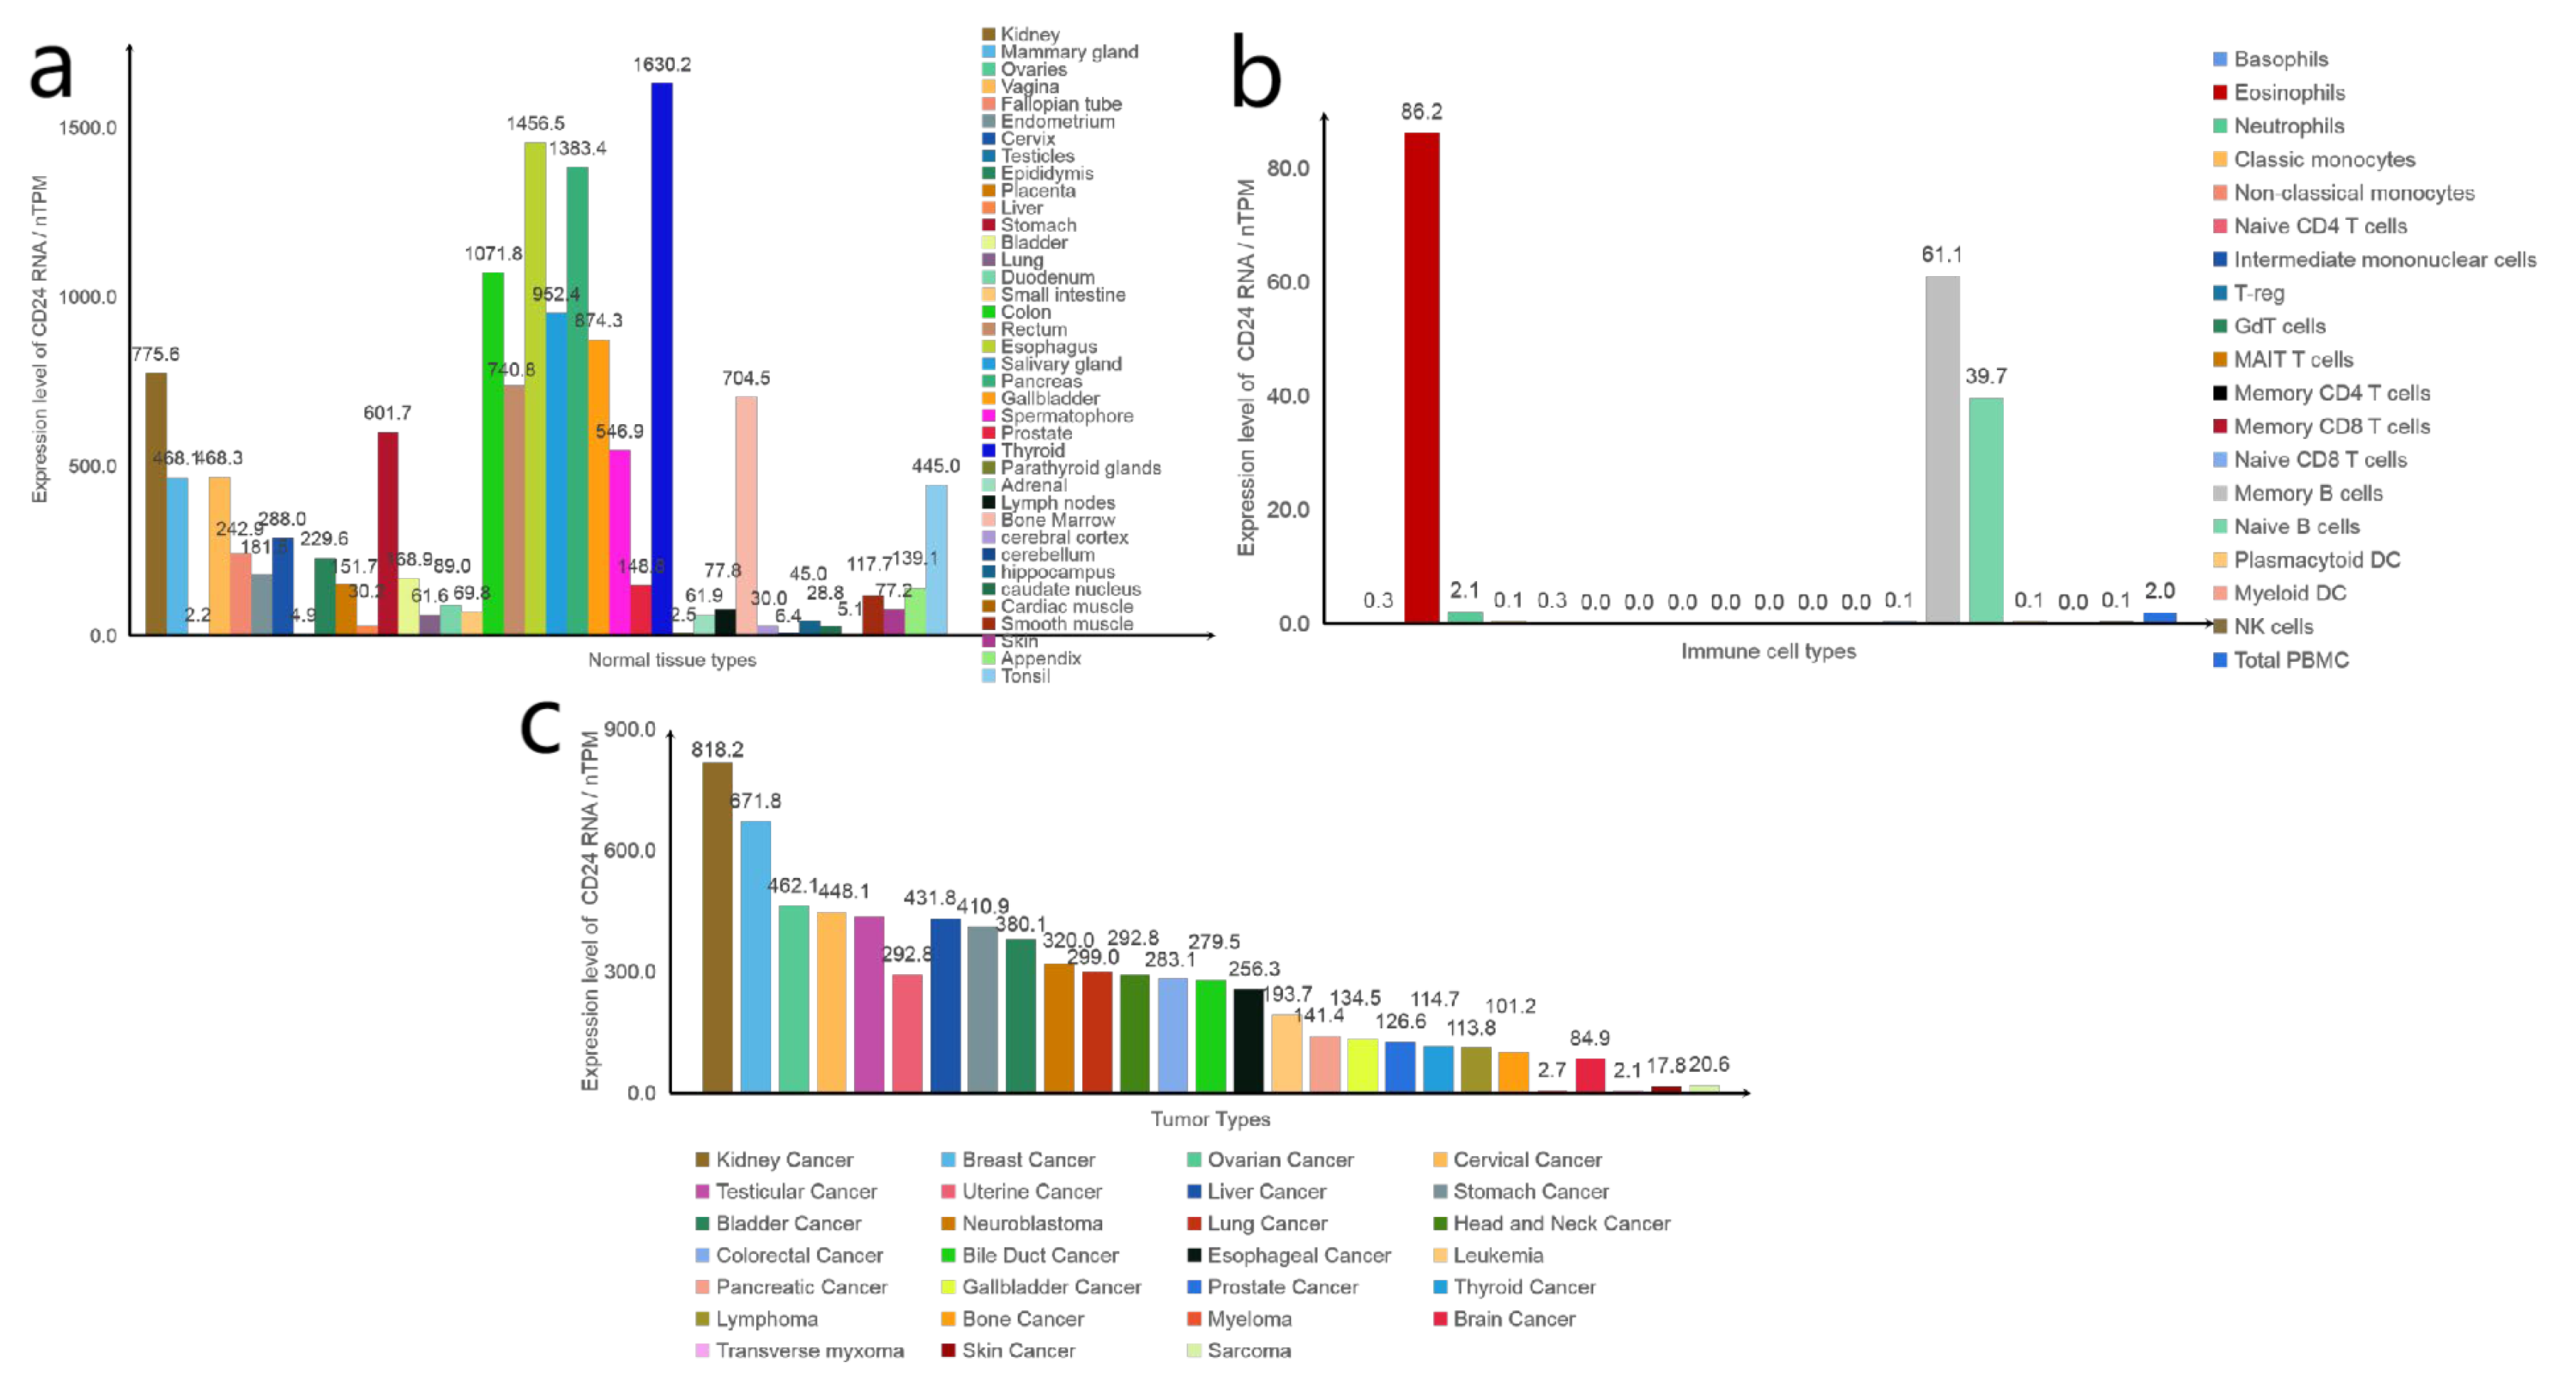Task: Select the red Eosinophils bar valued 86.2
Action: click(x=1421, y=377)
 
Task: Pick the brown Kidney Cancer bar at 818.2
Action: click(x=717, y=927)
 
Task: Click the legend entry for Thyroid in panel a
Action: click(x=1033, y=450)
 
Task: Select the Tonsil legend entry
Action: click(x=1024, y=676)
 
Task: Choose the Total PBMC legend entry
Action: click(x=2290, y=660)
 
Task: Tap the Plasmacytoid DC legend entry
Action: click(x=2316, y=560)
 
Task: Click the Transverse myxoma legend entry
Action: click(x=809, y=1350)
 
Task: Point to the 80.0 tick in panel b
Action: click(x=1287, y=168)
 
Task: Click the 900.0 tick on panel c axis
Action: click(x=630, y=729)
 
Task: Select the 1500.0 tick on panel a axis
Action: click(x=87, y=127)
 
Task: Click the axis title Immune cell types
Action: click(x=1768, y=651)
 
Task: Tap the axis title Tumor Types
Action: click(x=1210, y=1119)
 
